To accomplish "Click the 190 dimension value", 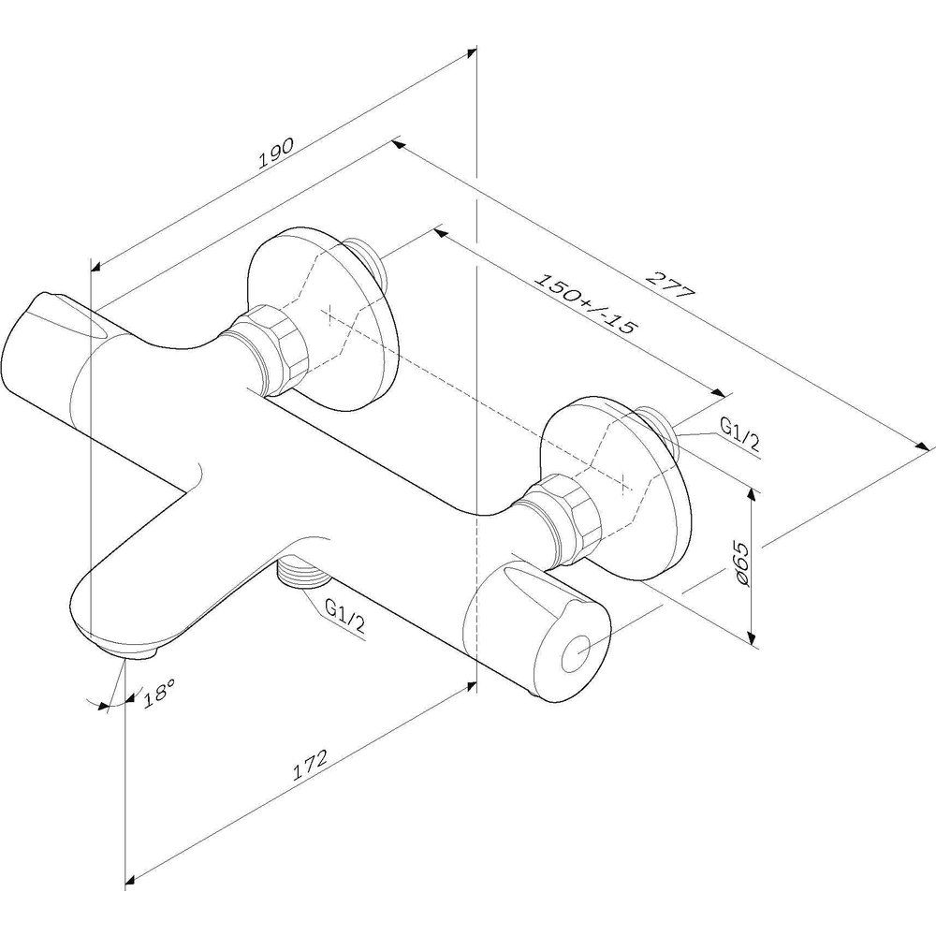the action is click(276, 153).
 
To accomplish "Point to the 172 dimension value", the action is click(310, 765).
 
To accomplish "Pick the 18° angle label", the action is click(158, 695).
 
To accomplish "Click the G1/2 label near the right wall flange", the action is click(739, 435).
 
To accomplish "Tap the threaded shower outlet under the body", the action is click(304, 572).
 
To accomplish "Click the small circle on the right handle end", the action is click(576, 653).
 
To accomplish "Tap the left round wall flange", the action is click(321, 318).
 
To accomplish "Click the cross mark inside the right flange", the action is click(623, 482).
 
